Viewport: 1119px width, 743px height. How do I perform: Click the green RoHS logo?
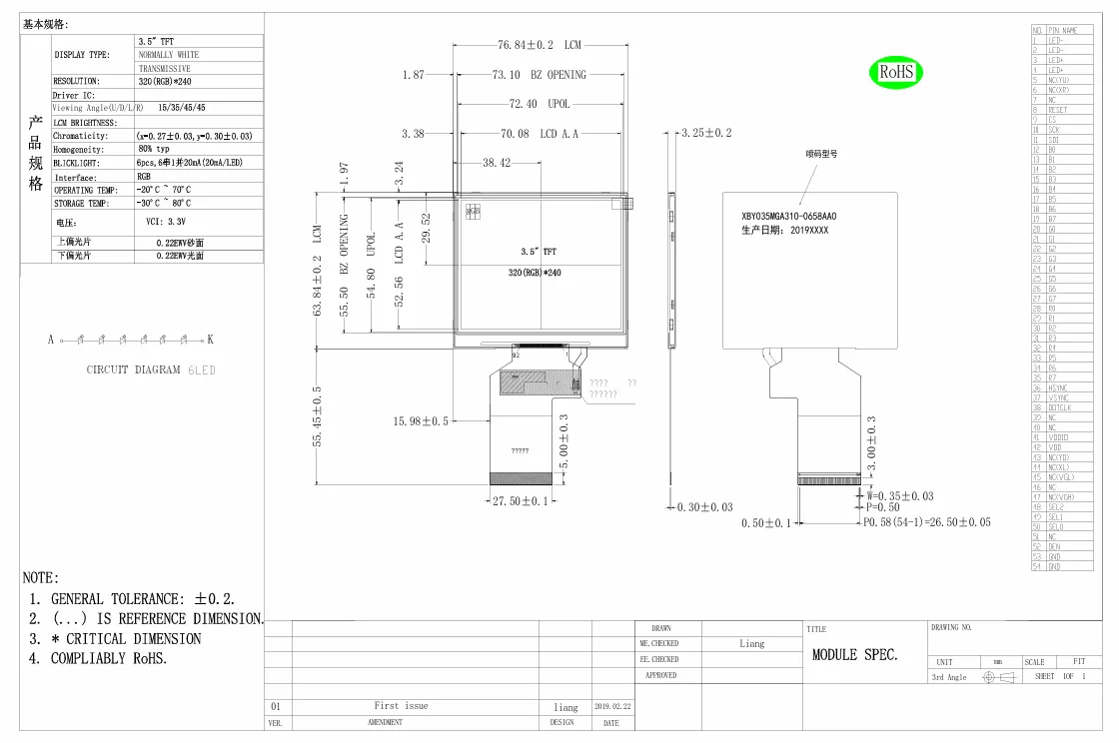coord(896,72)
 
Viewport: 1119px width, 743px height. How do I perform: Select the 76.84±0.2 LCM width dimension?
coord(540,45)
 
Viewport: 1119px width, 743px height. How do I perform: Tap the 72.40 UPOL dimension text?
coord(540,104)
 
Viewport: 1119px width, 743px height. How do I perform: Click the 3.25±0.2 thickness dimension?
coord(707,133)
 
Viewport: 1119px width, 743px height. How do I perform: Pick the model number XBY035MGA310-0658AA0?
coord(782,216)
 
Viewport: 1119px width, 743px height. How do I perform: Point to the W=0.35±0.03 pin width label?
coord(900,495)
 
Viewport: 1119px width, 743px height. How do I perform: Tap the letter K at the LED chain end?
coord(211,340)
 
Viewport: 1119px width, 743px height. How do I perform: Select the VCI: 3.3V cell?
coord(167,223)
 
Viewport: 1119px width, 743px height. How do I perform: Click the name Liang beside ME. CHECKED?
coord(752,644)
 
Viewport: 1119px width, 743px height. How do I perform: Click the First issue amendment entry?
coord(401,706)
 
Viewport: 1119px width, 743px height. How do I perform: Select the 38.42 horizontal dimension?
coord(497,163)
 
